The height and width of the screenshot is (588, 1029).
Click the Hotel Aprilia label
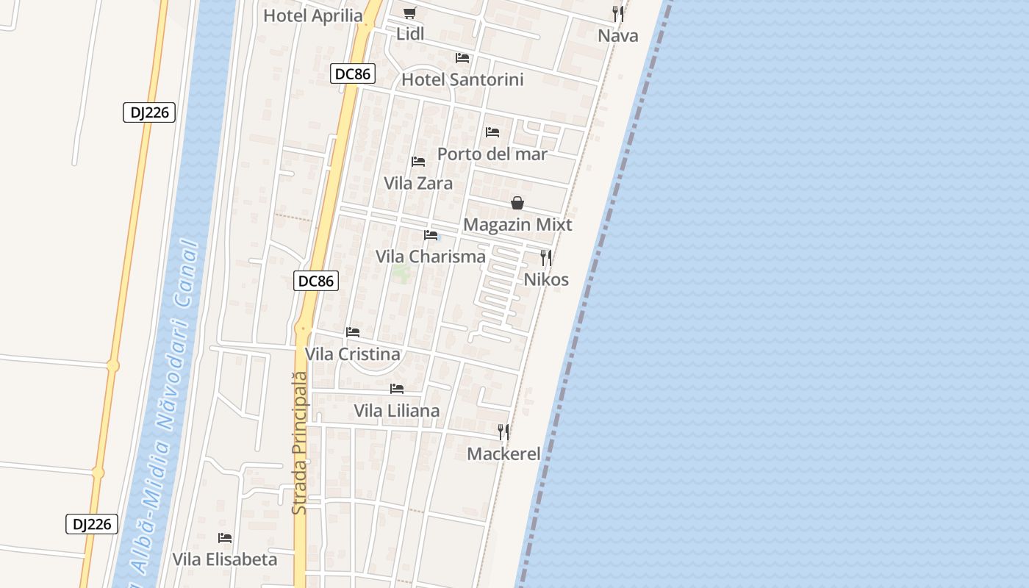pos(312,15)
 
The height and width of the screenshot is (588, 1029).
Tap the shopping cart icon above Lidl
pos(410,12)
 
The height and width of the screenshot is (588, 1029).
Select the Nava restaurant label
pos(617,36)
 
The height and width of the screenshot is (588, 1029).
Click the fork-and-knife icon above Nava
pos(618,13)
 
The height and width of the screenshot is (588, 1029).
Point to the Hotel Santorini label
pos(462,79)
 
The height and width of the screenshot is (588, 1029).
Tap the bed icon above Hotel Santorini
pos(462,57)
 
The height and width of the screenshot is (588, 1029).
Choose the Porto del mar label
pos(492,154)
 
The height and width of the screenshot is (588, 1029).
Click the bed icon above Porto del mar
pos(492,132)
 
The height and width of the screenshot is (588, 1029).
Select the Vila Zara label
pos(417,183)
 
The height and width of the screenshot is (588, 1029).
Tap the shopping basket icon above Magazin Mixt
pos(517,203)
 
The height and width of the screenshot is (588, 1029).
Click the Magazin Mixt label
pos(517,225)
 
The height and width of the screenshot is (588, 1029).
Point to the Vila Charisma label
pos(431,257)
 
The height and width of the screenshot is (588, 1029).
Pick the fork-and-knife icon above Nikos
pos(546,257)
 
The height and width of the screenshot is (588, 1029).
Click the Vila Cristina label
pos(352,354)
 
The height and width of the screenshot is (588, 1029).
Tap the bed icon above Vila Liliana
pos(397,388)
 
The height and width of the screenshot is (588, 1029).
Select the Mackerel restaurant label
pos(503,454)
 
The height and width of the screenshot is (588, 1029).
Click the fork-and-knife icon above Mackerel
pos(503,431)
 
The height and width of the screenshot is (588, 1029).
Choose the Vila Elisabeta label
pos(225,559)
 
